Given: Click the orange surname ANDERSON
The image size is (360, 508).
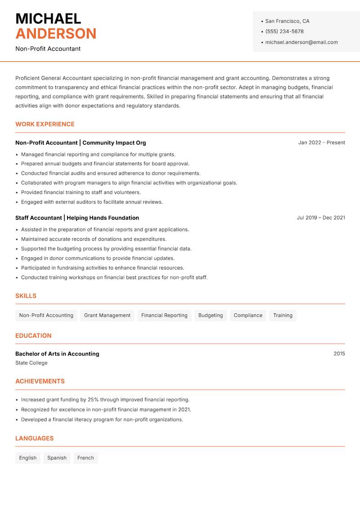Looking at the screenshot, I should coord(56,34).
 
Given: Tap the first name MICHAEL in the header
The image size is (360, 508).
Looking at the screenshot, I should coord(48,19).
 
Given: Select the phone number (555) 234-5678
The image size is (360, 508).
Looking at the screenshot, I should coord(284,31).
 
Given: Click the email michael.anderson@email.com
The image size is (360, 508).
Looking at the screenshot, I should coord(301,42).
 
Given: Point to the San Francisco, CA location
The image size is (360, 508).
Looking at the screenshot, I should coord(287,21).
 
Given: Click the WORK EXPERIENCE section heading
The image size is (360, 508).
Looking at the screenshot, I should coord(45,124).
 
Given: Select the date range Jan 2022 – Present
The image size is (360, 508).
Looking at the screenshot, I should coord(321,143).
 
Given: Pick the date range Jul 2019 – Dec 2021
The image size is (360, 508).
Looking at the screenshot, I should coord(320,218).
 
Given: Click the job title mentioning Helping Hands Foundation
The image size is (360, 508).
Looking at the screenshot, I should coord(77,218).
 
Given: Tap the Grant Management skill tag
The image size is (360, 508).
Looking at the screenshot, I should coord(107,315).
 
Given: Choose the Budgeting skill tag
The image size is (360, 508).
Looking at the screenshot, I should coord(210,315).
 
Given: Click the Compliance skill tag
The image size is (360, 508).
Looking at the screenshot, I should coord(247,315).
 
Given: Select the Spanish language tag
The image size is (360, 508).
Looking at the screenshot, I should coord(57,458).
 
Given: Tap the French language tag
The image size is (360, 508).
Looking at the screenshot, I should coord(85,458).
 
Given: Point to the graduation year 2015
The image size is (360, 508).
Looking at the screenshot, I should coord(339,354).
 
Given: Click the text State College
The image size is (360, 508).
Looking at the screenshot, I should coord(31,363).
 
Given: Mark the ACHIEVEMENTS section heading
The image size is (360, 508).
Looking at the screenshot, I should coord(40,381).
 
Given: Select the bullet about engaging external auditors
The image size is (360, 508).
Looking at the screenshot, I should coord(92,202).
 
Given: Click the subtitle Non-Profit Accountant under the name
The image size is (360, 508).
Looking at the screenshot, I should coord(48,49).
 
